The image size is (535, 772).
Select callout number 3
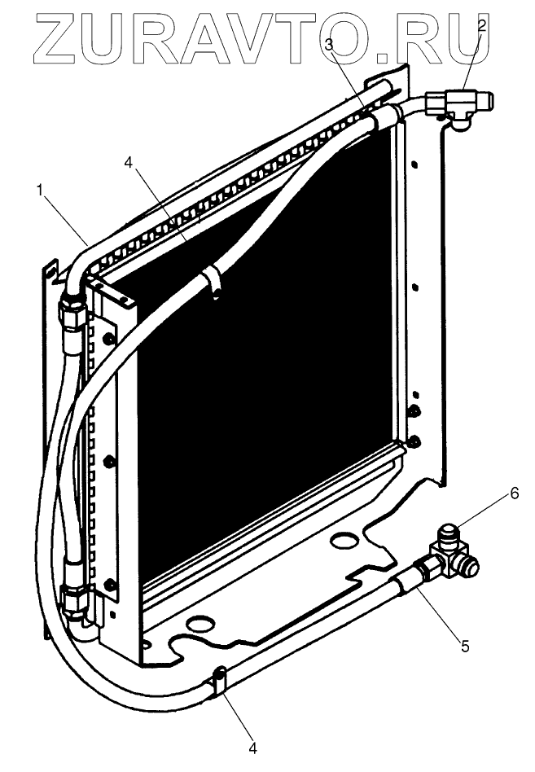(x=329, y=46)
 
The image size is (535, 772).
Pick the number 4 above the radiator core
(x=128, y=161)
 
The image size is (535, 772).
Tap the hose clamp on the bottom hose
(x=218, y=680)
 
